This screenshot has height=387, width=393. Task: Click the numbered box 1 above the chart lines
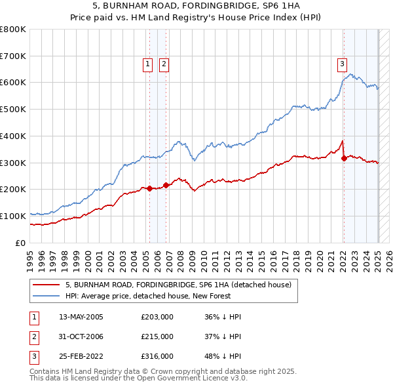click(147, 64)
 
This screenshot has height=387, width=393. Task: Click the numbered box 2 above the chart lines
click(163, 64)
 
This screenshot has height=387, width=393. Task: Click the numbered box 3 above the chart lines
click(342, 64)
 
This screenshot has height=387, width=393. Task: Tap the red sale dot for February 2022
click(344, 158)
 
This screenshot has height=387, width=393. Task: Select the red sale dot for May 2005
click(149, 188)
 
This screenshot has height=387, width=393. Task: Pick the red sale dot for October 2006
click(166, 185)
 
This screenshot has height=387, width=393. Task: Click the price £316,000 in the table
click(157, 357)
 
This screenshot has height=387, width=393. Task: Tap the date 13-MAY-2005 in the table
click(81, 317)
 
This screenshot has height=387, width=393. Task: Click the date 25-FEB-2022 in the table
click(81, 357)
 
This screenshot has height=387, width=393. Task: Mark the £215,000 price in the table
click(157, 336)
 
